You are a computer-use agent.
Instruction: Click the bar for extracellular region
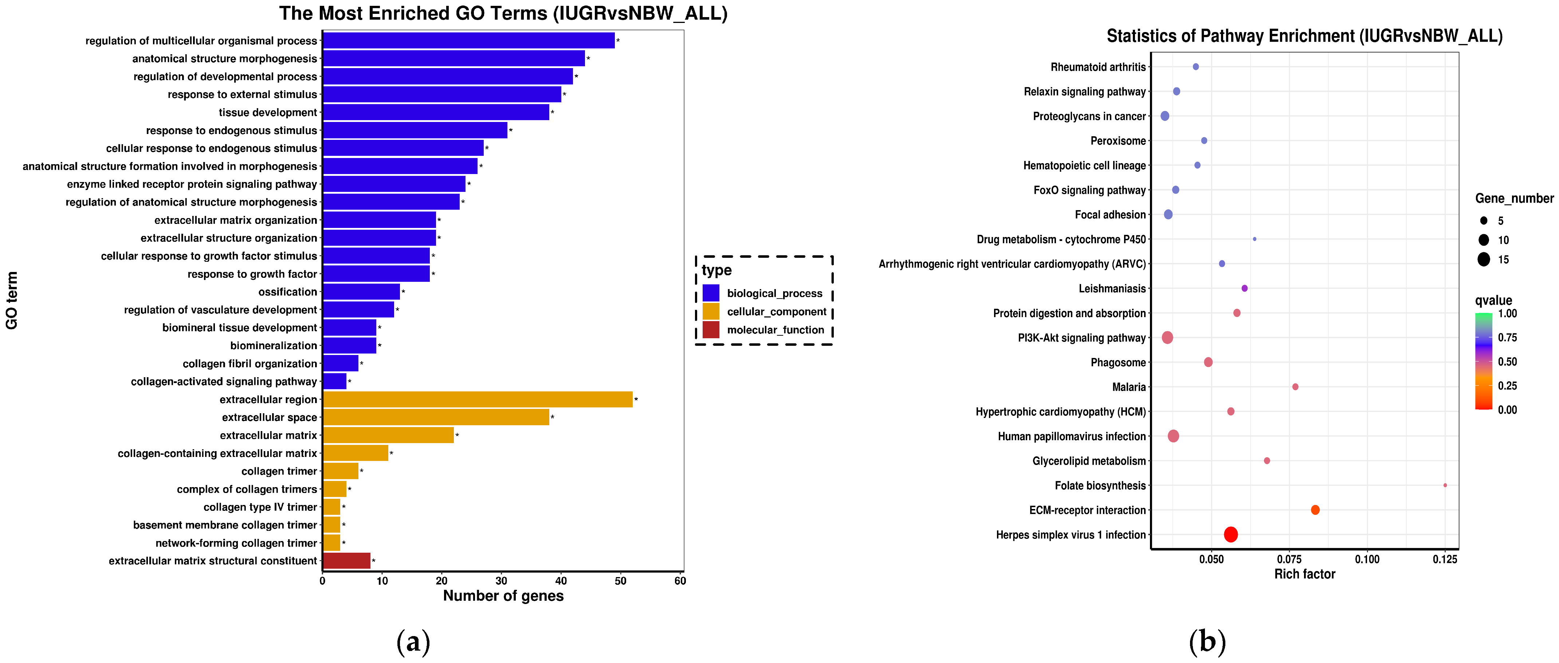click(478, 399)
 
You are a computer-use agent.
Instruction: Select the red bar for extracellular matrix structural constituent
click(347, 561)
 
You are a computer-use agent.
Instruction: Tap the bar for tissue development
click(436, 113)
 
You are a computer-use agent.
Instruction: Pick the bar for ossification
click(361, 292)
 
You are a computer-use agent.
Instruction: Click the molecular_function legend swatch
click(711, 330)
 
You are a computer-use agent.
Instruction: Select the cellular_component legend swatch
click(711, 312)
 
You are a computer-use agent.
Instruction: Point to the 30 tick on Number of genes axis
click(501, 581)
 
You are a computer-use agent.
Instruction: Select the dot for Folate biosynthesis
click(1445, 485)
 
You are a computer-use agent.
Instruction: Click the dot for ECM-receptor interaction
click(1315, 510)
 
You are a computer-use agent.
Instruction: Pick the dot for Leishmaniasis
click(1244, 289)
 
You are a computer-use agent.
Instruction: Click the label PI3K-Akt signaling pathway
click(1081, 338)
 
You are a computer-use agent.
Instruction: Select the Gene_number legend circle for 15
click(1483, 260)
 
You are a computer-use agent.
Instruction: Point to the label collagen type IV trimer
click(260, 507)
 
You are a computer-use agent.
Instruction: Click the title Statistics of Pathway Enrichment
click(1304, 36)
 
